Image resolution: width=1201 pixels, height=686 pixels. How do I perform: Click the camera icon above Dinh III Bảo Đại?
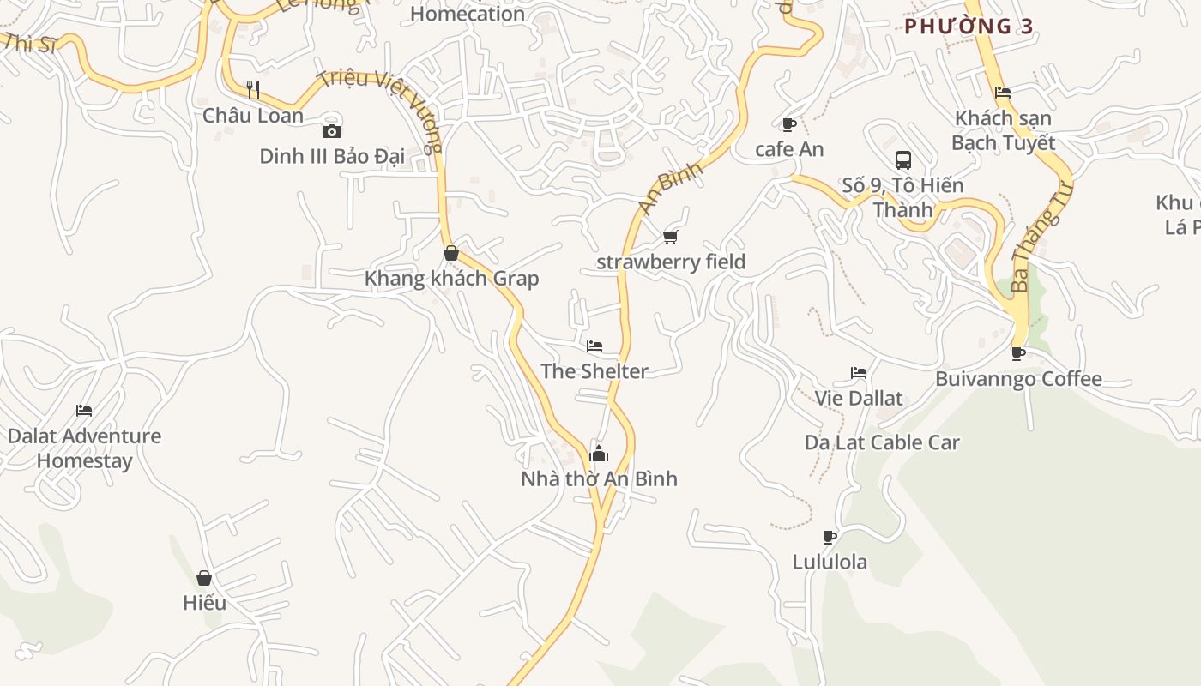(331, 131)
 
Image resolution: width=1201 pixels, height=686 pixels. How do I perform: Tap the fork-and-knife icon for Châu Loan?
(253, 89)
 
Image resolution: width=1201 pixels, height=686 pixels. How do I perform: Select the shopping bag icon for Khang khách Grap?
(451, 253)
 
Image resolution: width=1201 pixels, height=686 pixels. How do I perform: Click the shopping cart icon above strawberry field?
(670, 237)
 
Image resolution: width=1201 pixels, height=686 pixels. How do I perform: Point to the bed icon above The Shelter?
(594, 346)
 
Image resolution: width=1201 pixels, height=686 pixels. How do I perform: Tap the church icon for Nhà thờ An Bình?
(599, 454)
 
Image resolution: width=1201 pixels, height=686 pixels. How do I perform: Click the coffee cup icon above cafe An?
(789, 124)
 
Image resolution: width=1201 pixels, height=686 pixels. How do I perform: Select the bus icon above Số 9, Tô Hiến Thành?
(902, 160)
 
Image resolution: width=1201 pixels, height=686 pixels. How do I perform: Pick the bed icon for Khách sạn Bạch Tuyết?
(1003, 93)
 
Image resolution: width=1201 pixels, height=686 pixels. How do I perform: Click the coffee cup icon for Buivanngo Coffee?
(1018, 353)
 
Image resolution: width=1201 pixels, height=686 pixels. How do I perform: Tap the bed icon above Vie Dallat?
(858, 373)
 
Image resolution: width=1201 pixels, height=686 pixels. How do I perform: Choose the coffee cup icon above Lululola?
(829, 538)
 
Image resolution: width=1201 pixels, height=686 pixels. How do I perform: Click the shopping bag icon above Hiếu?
(204, 578)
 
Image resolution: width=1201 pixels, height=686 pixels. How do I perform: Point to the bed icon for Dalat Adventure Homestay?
(84, 411)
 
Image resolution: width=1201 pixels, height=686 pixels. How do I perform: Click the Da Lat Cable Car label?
(882, 442)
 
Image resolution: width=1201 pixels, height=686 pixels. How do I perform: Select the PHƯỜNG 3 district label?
(969, 26)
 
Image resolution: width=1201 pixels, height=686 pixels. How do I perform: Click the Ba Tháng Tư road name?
(1041, 237)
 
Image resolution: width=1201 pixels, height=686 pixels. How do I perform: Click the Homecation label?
(468, 14)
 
